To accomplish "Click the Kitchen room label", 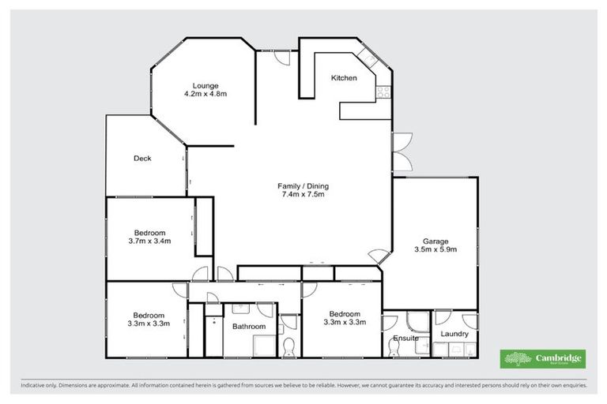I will pyautogui.click(x=344, y=78).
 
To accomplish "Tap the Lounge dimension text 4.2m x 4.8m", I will pyautogui.click(x=205, y=94).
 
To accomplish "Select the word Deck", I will pyautogui.click(x=142, y=159).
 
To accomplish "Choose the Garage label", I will pyautogui.click(x=435, y=241).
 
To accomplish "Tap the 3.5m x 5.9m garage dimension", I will pyautogui.click(x=435, y=250).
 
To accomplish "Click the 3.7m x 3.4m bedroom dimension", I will pyautogui.click(x=149, y=241).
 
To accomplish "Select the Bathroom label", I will pyautogui.click(x=248, y=326).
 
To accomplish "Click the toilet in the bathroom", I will pyautogui.click(x=289, y=345).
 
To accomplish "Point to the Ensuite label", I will pyautogui.click(x=405, y=339).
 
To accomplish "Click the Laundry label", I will pyautogui.click(x=454, y=334).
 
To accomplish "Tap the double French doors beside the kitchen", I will pyautogui.click(x=403, y=151).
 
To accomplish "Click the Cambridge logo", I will pyautogui.click(x=543, y=358).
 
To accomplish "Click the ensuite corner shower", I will pyautogui.click(x=414, y=322).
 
